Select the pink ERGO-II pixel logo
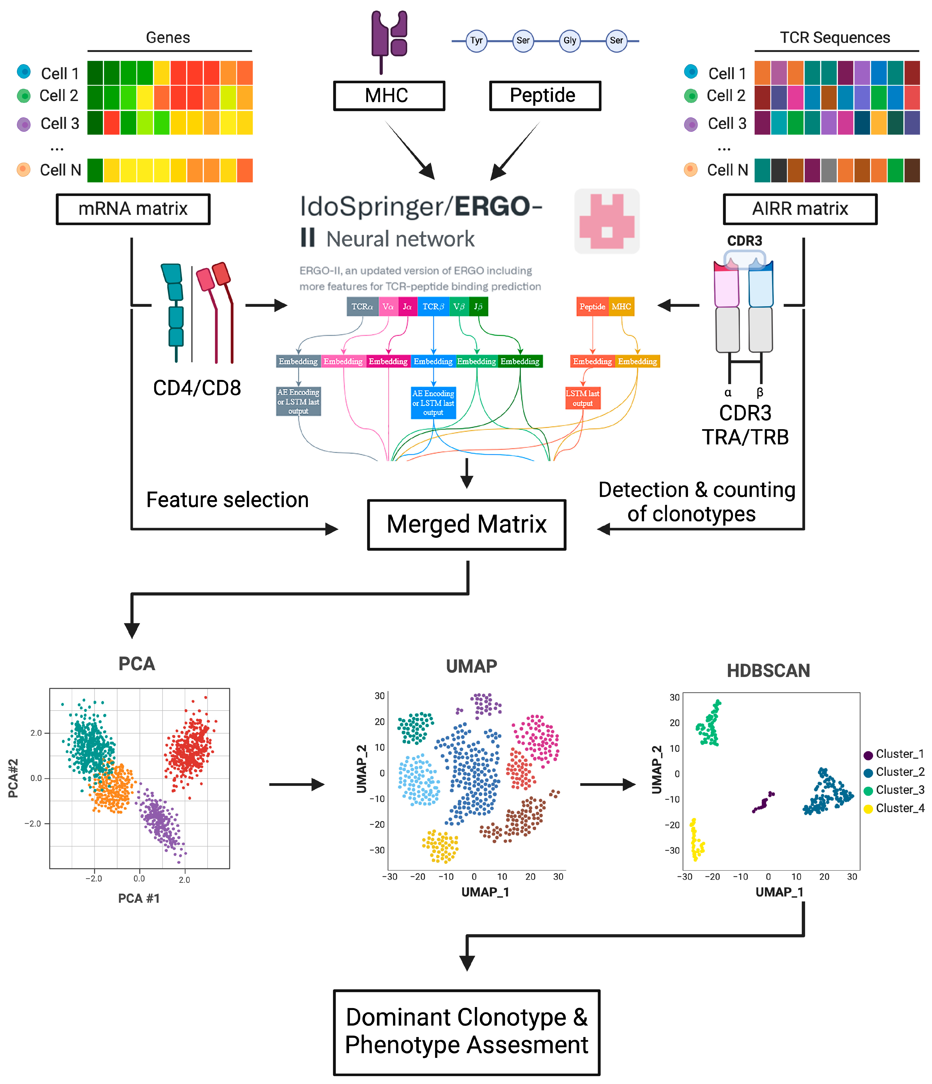coord(607,221)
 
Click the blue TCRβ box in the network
coord(433,307)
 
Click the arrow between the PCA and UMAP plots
coord(297,784)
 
